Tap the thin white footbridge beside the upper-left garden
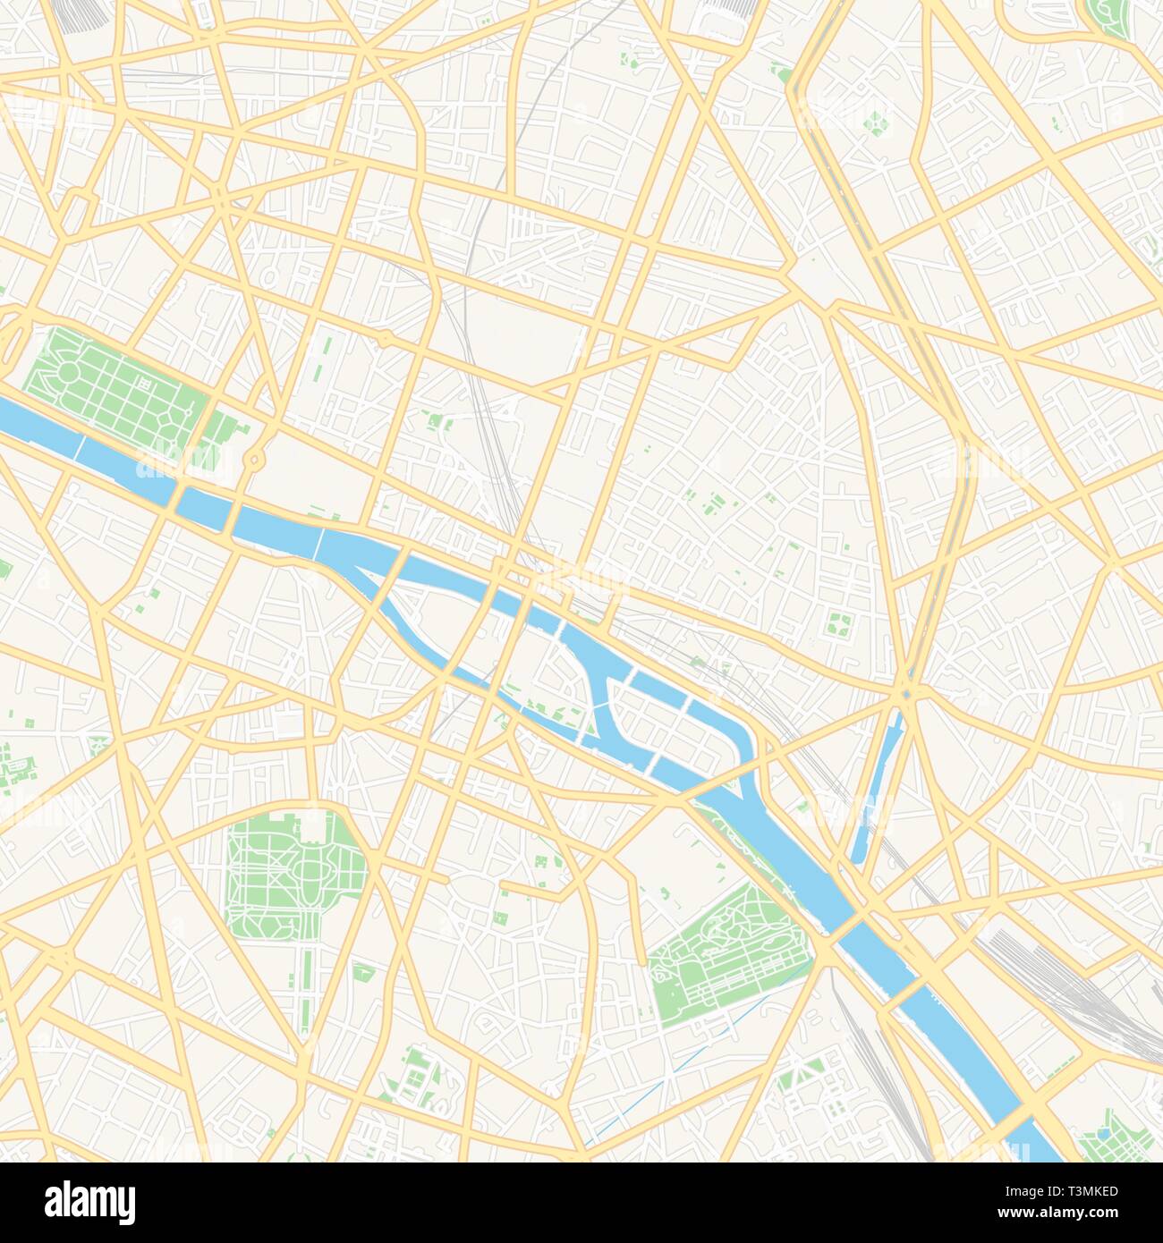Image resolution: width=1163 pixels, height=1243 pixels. point(81,447)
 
